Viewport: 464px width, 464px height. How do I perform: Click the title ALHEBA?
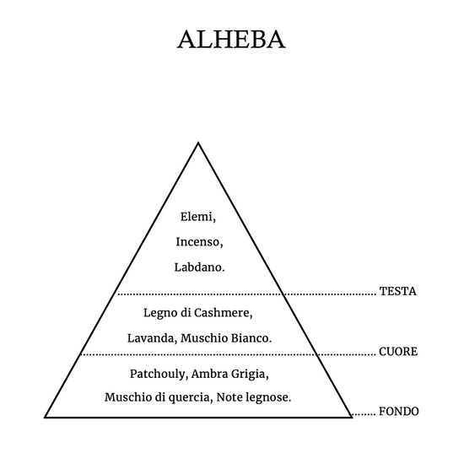(x=231, y=40)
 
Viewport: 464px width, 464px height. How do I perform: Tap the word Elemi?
(x=197, y=217)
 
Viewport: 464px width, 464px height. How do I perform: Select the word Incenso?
(x=198, y=242)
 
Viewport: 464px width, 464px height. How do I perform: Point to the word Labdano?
(x=198, y=267)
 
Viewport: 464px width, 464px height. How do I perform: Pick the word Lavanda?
(x=151, y=338)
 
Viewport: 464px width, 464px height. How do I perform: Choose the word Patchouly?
(x=157, y=374)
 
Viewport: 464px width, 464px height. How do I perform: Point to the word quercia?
(x=189, y=397)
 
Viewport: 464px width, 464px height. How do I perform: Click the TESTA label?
(x=397, y=291)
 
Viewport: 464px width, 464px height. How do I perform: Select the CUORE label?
(x=398, y=352)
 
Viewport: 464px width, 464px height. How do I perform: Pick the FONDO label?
(x=398, y=412)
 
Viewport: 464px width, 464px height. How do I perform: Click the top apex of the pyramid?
(x=198, y=143)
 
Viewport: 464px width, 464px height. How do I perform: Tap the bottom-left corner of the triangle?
(x=45, y=418)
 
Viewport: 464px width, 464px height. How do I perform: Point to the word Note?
(x=229, y=397)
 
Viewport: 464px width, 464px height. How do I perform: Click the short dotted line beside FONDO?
(x=364, y=413)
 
